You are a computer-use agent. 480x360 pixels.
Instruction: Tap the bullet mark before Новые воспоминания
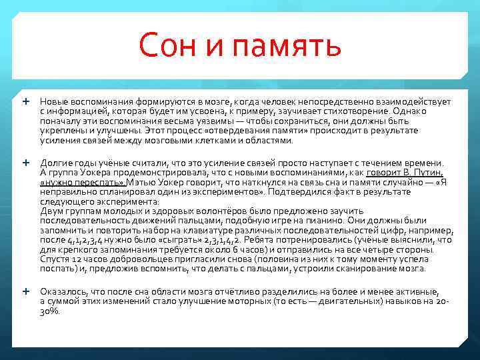(x=26, y=101)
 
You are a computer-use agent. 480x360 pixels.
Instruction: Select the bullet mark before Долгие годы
(x=26, y=162)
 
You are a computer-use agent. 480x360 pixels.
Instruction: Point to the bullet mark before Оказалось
(x=26, y=291)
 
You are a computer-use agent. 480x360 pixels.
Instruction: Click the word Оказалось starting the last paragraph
(x=61, y=291)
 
